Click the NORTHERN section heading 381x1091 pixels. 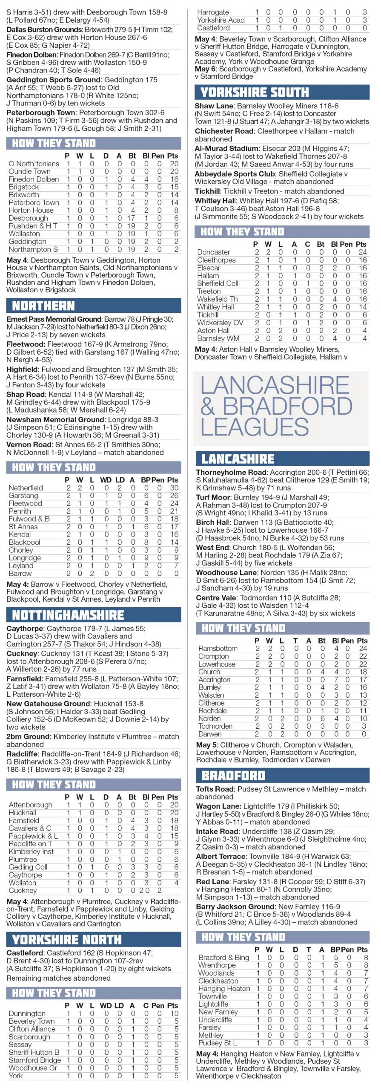[x=43, y=306]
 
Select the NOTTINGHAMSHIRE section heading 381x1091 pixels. [x=68, y=615]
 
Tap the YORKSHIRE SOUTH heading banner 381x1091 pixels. [x=255, y=92]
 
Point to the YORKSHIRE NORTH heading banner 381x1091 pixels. [x=67, y=940]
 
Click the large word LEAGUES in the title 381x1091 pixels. [x=255, y=427]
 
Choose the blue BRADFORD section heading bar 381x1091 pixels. [x=233, y=776]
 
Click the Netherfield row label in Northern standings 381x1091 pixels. [x=26, y=488]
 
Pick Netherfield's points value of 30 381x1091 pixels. [x=174, y=488]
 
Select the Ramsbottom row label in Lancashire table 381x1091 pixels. [x=218, y=649]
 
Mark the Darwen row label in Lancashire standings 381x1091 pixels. [x=210, y=734]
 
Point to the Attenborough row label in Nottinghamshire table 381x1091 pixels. [x=30, y=805]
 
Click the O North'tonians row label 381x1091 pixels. [x=34, y=164]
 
